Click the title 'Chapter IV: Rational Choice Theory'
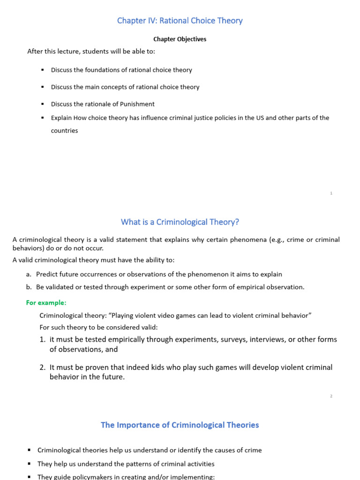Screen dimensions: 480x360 180,21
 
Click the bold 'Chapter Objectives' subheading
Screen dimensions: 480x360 180,39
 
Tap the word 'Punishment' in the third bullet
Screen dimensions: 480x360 138,104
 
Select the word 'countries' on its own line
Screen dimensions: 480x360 64,131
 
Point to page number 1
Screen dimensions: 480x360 331,193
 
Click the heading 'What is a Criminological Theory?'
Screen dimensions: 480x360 180,222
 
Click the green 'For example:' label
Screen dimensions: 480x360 46,303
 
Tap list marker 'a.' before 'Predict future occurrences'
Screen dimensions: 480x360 29,274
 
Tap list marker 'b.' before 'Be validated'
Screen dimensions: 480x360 29,287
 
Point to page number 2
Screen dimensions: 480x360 331,396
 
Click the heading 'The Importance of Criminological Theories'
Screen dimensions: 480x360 180,425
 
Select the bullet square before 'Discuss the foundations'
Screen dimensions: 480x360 42,70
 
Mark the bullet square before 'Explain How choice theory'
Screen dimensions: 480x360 42,118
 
